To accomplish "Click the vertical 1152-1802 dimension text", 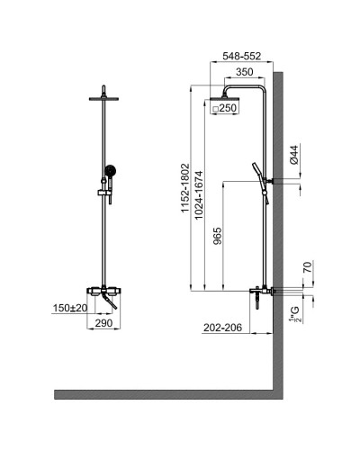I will (184, 187).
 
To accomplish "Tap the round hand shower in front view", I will (109, 170).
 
